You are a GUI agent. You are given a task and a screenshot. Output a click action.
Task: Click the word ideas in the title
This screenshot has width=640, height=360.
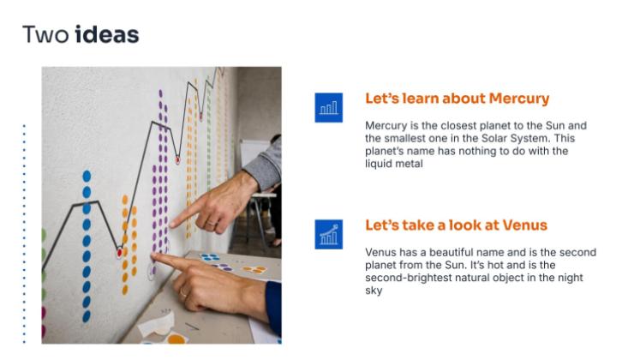pyautogui.click(x=107, y=34)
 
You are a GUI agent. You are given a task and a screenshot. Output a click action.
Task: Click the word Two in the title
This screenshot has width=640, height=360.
pyautogui.click(x=45, y=34)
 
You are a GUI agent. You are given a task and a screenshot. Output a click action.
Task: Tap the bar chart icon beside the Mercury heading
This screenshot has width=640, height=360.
pyautogui.click(x=329, y=108)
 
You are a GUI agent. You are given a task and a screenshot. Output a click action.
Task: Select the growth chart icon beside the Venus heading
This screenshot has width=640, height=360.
pyautogui.click(x=329, y=234)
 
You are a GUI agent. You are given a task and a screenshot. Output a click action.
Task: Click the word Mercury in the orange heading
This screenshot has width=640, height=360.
pyautogui.click(x=519, y=99)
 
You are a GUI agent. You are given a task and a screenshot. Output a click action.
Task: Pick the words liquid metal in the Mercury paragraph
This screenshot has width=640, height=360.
pyautogui.click(x=394, y=164)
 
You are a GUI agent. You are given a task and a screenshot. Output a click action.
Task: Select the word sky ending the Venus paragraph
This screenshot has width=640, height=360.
pyautogui.click(x=374, y=291)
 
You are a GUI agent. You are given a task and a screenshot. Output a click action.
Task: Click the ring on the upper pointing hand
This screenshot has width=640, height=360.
pyautogui.click(x=211, y=223)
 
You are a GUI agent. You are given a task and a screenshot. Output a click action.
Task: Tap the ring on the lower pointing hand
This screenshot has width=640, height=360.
pyautogui.click(x=183, y=292)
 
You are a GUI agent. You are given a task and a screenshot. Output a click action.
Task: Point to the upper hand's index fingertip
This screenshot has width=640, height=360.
pyautogui.click(x=173, y=224)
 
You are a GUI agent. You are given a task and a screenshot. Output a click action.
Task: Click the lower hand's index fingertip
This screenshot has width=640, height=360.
pyautogui.click(x=155, y=256)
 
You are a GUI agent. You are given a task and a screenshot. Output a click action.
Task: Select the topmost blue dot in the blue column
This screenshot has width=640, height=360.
pyautogui.click(x=87, y=177)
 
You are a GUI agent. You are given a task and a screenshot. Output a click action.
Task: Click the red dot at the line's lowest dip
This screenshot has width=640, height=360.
pyautogui.click(x=120, y=253)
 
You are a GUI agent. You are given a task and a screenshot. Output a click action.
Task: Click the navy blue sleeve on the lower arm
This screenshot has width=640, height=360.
pyautogui.click(x=274, y=307)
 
